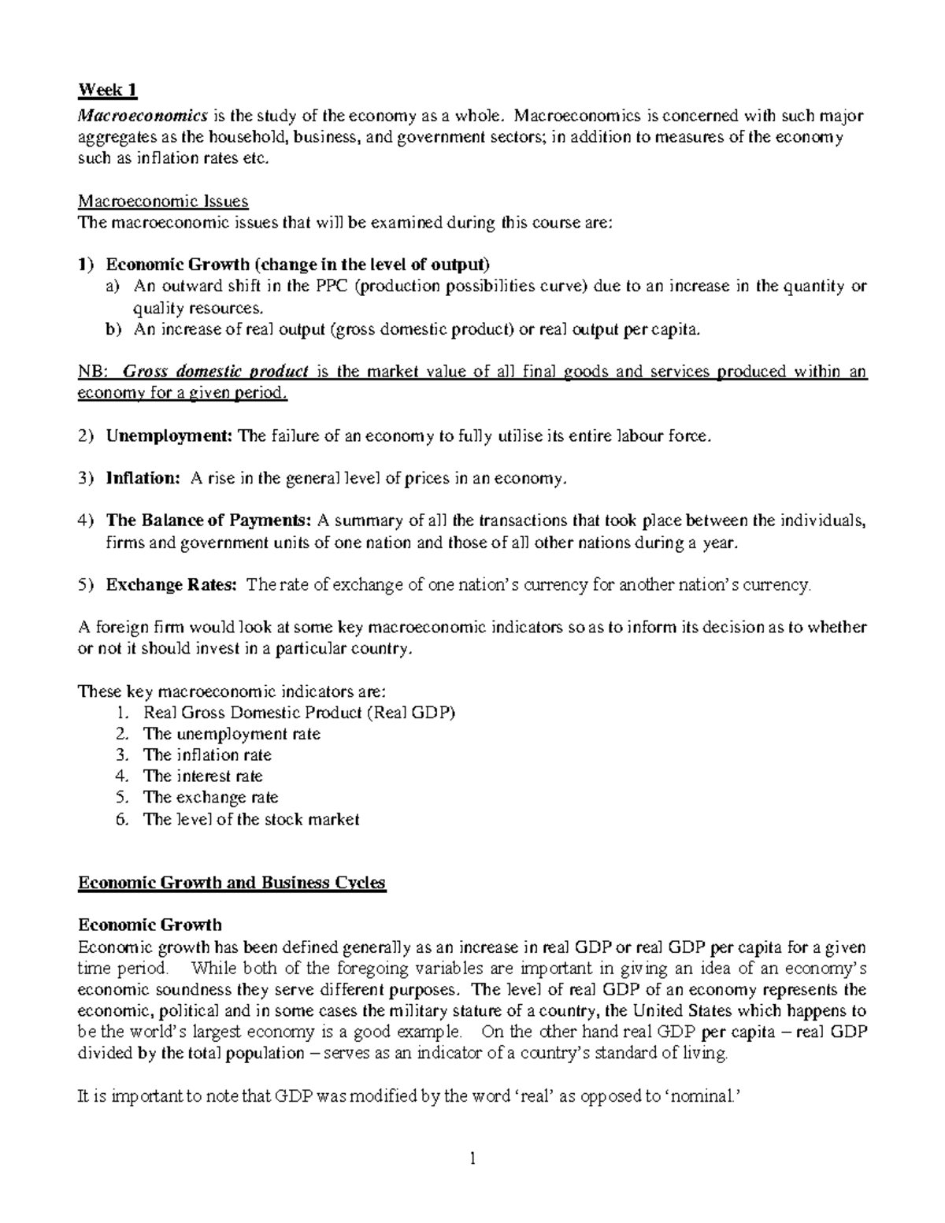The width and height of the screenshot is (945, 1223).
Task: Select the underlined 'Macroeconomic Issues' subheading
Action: pyautogui.click(x=162, y=202)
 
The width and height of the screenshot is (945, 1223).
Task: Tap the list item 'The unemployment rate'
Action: pyautogui.click(x=232, y=734)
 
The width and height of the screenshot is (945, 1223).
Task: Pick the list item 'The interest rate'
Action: pyautogui.click(x=202, y=776)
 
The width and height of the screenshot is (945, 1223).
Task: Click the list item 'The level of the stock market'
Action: pyautogui.click(x=250, y=819)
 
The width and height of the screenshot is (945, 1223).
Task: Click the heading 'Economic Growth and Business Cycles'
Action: pyautogui.click(x=232, y=883)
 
